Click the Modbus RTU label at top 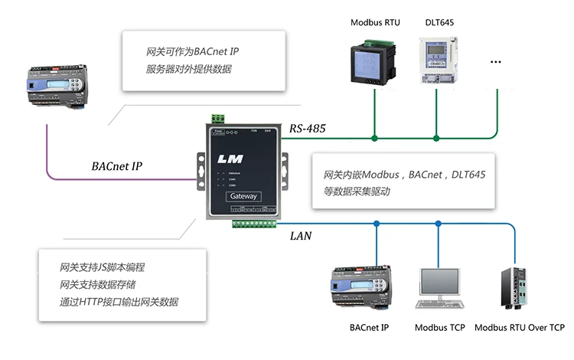[375, 22]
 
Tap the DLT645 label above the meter [439, 22]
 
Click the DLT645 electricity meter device [437, 61]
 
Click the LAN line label [301, 236]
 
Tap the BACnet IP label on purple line [116, 166]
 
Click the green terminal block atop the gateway [219, 119]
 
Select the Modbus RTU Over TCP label [520, 328]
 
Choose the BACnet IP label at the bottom [370, 328]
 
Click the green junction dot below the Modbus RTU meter [374, 139]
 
